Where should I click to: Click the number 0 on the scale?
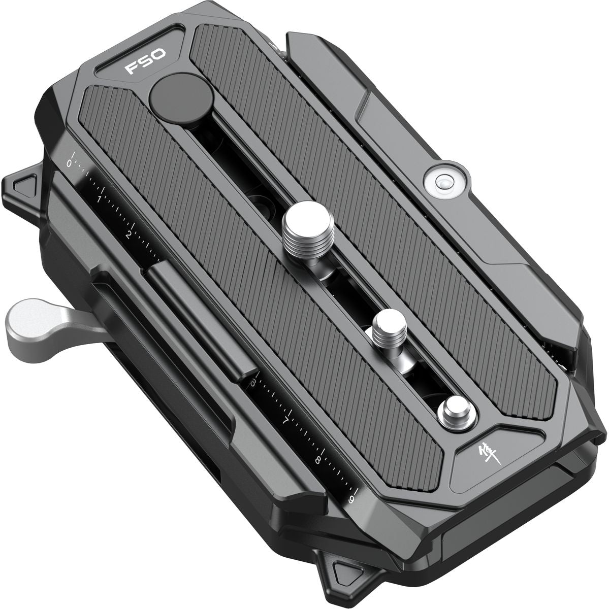coord(69,163)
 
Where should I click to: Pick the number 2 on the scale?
coord(129,234)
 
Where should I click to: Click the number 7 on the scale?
coord(285,421)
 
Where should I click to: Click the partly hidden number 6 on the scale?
coord(253,382)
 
